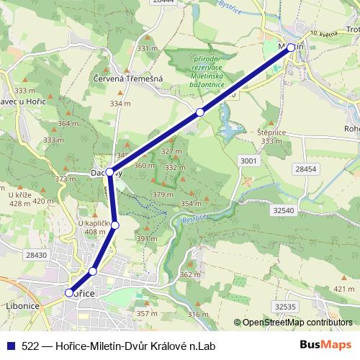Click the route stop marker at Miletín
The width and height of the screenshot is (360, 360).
tap(291, 47)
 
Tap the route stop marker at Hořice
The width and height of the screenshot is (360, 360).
tap(69, 293)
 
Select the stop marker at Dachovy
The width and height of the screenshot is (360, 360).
tap(110, 171)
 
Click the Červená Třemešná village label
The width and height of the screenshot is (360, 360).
tap(128, 78)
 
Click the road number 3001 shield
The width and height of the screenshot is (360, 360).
tap(248, 160)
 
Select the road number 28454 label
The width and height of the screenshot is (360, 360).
tap(305, 168)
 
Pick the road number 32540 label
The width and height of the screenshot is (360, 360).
tap(284, 210)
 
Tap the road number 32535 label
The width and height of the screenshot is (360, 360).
tap(285, 306)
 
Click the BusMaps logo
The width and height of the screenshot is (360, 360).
tap(325, 345)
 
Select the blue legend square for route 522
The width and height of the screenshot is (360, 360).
tap(11, 345)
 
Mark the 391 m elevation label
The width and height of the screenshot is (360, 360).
tap(147, 239)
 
